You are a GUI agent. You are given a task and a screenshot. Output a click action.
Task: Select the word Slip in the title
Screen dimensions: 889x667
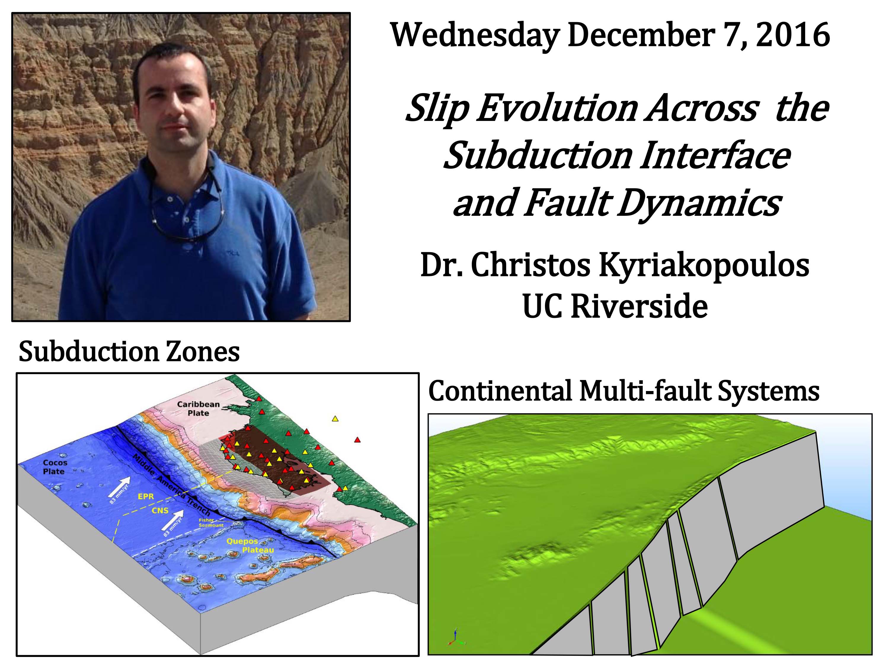click(x=438, y=109)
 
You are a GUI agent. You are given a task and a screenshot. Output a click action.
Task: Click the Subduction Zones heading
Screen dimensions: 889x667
click(x=129, y=352)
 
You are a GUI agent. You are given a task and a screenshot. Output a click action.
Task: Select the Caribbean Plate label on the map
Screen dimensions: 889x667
click(x=198, y=409)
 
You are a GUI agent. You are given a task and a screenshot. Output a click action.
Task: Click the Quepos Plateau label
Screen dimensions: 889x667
click(x=250, y=545)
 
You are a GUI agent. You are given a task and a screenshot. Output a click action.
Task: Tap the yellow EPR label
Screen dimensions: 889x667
click(x=146, y=497)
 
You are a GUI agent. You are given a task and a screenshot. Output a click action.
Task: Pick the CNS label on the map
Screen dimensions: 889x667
click(x=160, y=510)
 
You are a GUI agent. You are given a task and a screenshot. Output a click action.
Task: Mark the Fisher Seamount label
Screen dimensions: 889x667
click(x=211, y=523)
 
